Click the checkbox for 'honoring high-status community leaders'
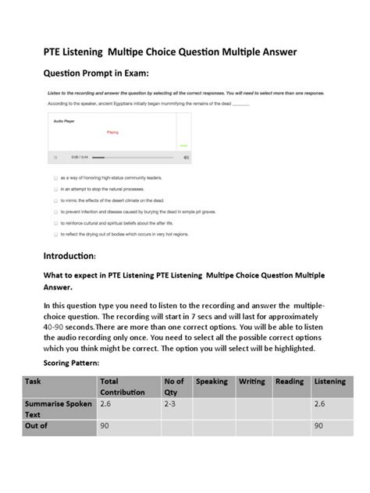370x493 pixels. pyautogui.click(x=55, y=178)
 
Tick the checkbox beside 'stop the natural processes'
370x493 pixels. pyautogui.click(x=55, y=189)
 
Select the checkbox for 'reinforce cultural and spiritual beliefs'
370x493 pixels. pyautogui.click(x=55, y=222)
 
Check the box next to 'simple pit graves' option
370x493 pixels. pyautogui.click(x=55, y=211)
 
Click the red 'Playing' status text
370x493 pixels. pyautogui.click(x=112, y=133)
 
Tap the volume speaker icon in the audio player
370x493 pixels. pyautogui.click(x=186, y=157)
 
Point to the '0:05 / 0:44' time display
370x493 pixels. pyautogui.click(x=79, y=157)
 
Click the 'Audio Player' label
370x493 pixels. pyautogui.click(x=64, y=122)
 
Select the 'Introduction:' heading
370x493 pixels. pyautogui.click(x=69, y=256)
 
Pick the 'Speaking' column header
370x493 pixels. pyautogui.click(x=212, y=381)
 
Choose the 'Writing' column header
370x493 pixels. pyautogui.click(x=252, y=381)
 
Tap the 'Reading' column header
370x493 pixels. pyautogui.click(x=290, y=381)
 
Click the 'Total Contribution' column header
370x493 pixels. pyautogui.click(x=122, y=386)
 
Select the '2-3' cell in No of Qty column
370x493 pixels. pyautogui.click(x=171, y=404)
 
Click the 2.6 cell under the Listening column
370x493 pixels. pyautogui.click(x=320, y=404)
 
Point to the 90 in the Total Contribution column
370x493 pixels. pyautogui.click(x=105, y=426)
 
